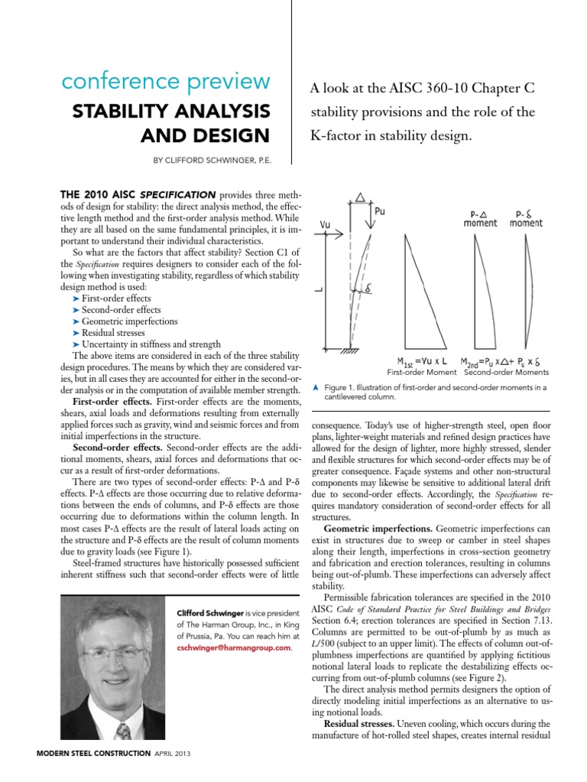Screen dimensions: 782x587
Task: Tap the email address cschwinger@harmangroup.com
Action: click(234, 648)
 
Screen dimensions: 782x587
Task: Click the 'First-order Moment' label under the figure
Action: click(420, 372)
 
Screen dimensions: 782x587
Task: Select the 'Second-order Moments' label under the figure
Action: click(505, 372)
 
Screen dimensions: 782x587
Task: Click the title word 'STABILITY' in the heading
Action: click(121, 110)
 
